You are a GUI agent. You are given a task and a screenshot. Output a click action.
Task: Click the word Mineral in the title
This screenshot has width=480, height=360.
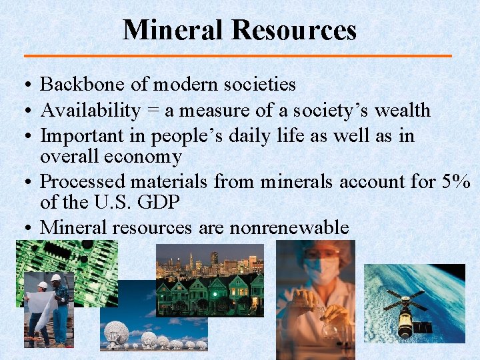[173, 30]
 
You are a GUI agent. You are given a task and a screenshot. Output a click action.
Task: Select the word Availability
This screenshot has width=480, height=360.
[91, 111]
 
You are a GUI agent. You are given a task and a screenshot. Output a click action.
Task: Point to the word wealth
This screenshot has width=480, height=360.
[403, 111]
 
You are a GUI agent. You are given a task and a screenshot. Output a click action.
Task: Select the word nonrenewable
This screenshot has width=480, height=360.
[289, 227]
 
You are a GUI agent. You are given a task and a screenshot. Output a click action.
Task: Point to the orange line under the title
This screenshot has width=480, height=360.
[239, 55]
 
